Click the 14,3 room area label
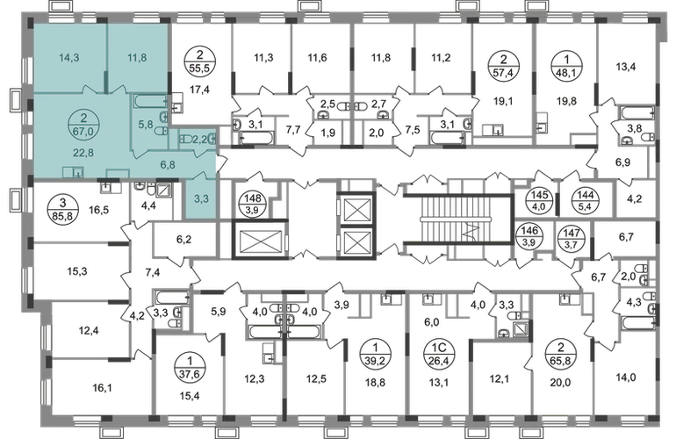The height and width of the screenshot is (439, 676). [x=66, y=61]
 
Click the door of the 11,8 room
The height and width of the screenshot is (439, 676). [x=112, y=88]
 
